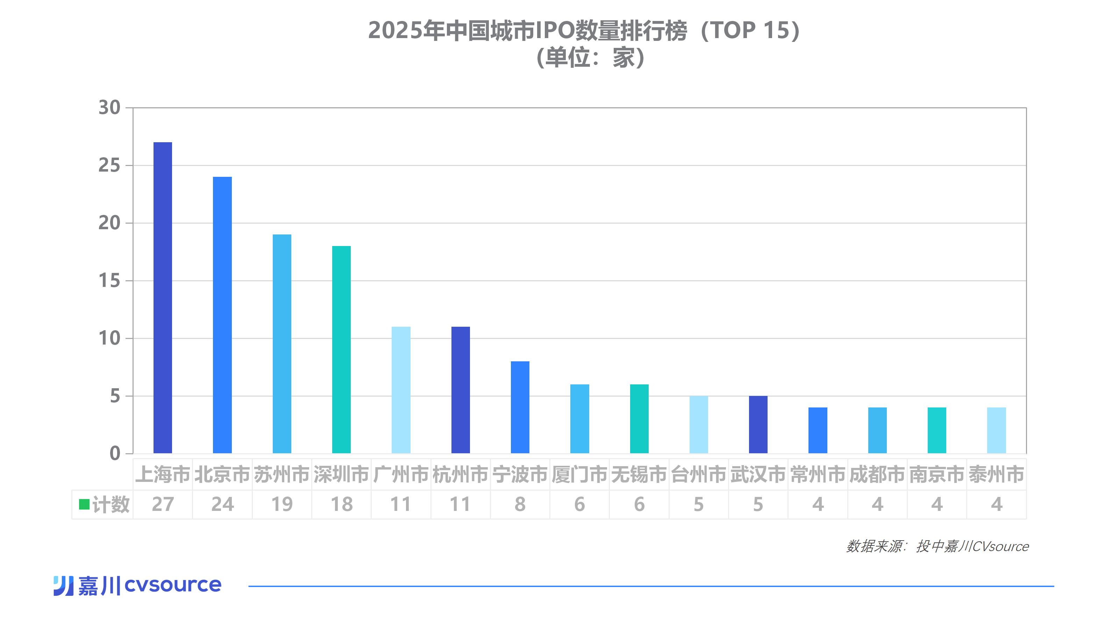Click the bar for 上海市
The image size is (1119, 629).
[x=163, y=298]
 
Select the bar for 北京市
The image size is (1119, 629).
[x=222, y=315]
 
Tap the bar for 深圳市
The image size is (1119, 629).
[x=341, y=349]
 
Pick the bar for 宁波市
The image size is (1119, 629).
[x=520, y=407]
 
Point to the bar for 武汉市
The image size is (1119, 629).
[x=758, y=425]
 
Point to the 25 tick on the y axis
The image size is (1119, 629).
[x=109, y=165]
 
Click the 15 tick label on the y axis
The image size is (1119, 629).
[x=109, y=281]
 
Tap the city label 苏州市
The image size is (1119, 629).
[x=281, y=475]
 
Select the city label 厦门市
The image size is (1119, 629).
[x=579, y=475]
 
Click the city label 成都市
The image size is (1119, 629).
[x=877, y=475]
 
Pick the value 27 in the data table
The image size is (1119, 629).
[x=163, y=504]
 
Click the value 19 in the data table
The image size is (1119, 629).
[x=281, y=504]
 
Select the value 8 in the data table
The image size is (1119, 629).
[x=520, y=504]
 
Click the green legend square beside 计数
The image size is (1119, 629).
[x=84, y=504]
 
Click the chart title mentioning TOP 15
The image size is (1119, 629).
[x=584, y=31]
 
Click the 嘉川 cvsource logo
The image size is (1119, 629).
[x=137, y=585]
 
